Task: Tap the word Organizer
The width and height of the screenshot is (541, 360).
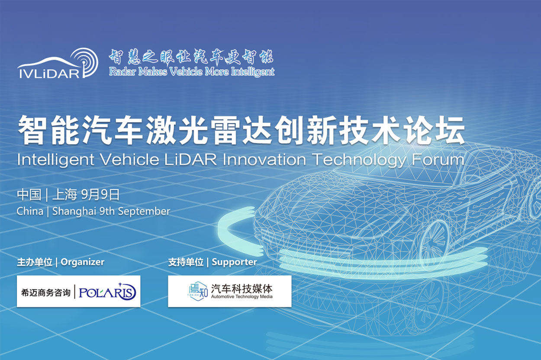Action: [x=83, y=262]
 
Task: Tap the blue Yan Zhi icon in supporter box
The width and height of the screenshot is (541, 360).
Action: [x=198, y=291]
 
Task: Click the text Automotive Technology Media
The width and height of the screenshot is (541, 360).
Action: [x=242, y=297]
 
